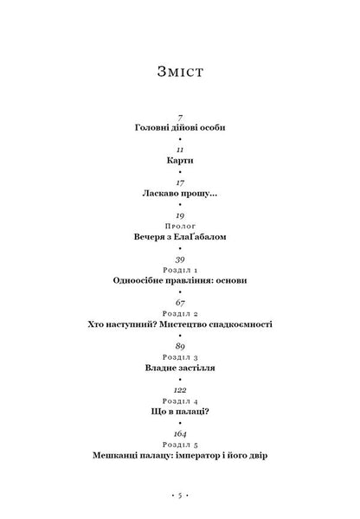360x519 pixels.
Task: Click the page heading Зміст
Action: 180,72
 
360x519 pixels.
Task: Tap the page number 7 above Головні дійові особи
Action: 180,118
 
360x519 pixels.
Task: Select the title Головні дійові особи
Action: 180,127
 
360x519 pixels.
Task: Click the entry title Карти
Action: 180,161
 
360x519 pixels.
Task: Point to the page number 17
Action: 180,183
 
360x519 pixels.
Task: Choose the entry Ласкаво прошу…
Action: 180,193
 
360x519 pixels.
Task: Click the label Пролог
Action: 180,226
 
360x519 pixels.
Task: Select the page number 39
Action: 180,259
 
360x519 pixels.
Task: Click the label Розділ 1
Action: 180,270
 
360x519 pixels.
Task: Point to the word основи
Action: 232,280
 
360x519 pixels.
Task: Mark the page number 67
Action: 180,303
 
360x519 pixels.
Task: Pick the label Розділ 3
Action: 180,357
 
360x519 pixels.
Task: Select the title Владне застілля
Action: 180,368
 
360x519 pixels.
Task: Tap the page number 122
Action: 180,390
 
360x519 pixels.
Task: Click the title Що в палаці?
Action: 180,412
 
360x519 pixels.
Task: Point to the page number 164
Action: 180,434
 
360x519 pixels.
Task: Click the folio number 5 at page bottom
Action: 180,496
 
